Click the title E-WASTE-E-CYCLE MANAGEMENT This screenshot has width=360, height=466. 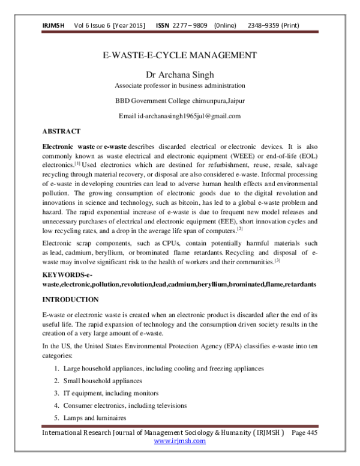pyautogui.click(x=181, y=56)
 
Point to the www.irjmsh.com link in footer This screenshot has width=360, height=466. pyautogui.click(x=180, y=440)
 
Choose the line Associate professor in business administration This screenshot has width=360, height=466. pyautogui.click(x=181, y=86)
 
